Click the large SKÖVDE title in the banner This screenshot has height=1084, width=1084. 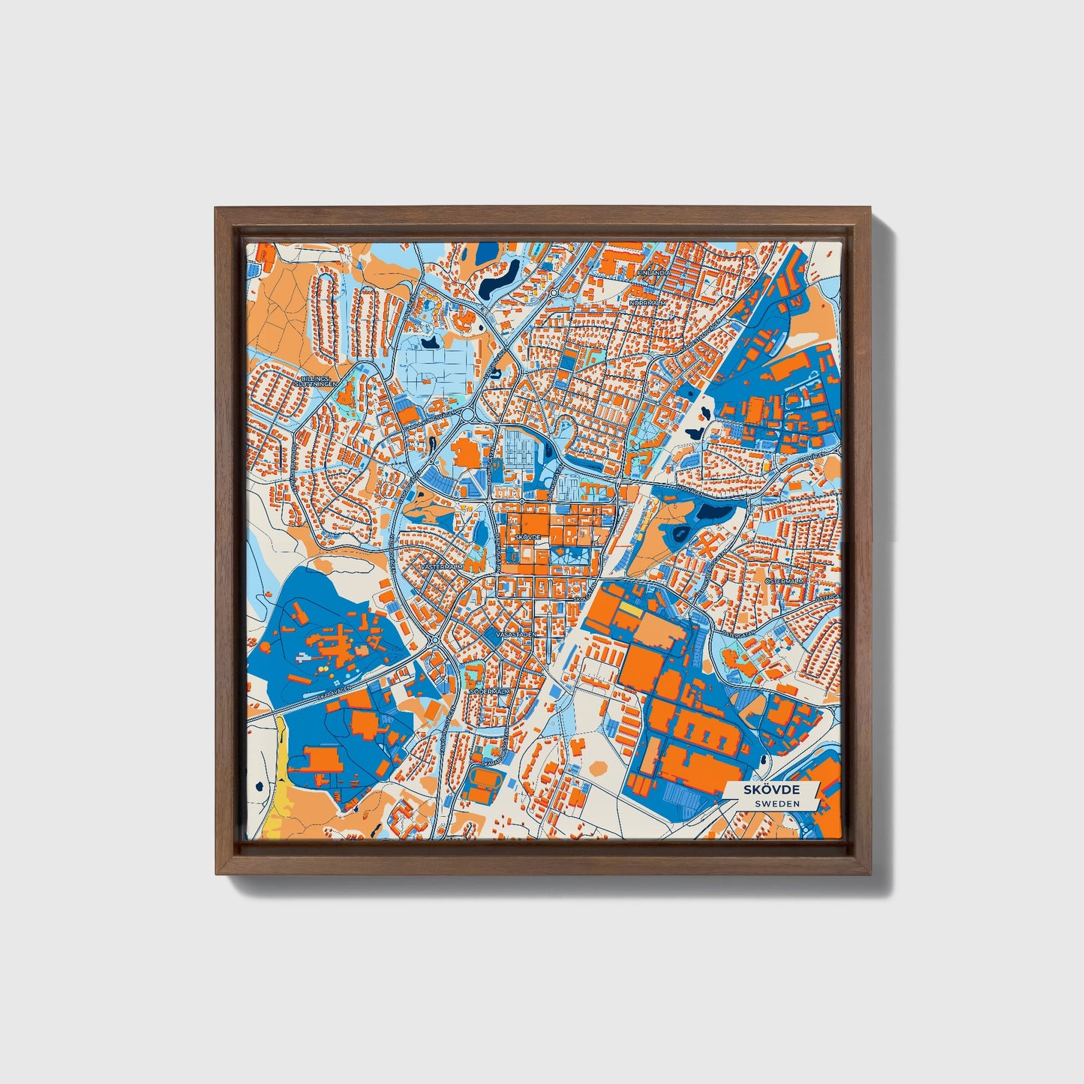click(x=770, y=789)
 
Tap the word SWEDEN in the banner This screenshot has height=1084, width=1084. click(x=777, y=803)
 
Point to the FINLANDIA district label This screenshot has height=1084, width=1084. click(x=653, y=273)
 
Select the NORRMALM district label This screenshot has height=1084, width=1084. click(x=647, y=302)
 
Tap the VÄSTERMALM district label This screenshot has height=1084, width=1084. click(x=443, y=567)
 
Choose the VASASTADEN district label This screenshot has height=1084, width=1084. click(x=516, y=635)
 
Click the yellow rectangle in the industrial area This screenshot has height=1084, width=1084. click(x=631, y=611)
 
